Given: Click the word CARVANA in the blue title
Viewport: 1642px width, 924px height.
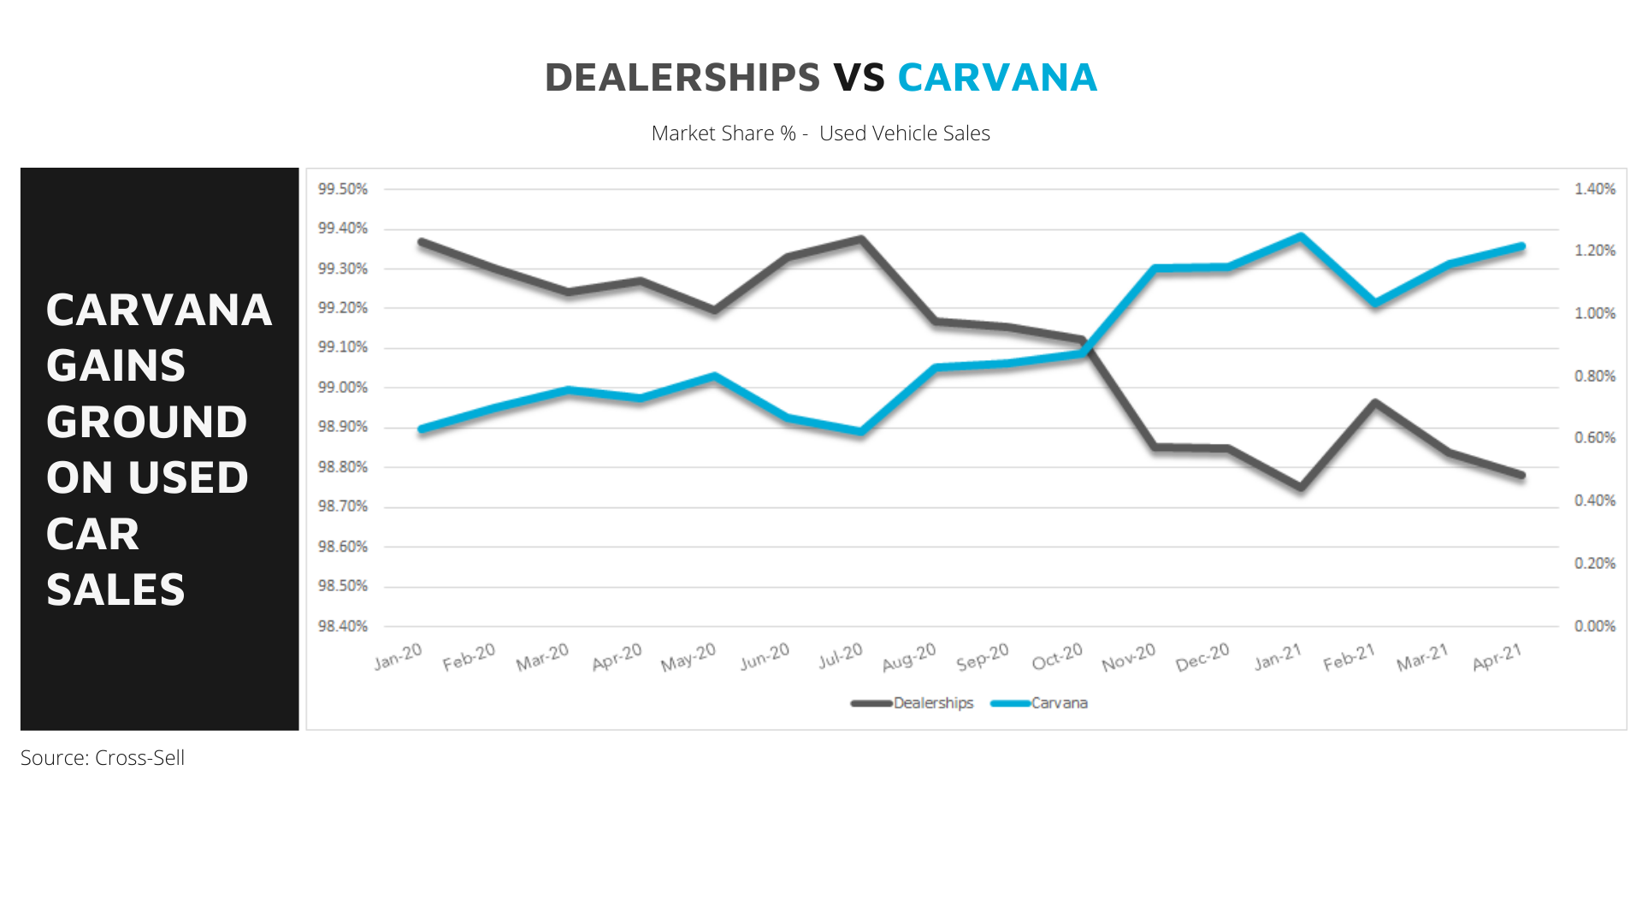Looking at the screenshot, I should (x=997, y=78).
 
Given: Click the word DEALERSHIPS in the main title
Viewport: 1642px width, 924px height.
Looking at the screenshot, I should (x=682, y=78).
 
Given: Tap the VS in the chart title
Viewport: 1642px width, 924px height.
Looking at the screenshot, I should (x=859, y=78).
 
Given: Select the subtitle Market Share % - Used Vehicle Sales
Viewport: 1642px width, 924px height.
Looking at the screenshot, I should (x=820, y=133).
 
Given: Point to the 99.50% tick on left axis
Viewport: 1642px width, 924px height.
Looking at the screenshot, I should (x=343, y=189).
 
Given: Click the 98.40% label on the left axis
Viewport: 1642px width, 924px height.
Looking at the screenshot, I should (x=343, y=626).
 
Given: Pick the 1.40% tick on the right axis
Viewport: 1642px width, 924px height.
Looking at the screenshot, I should (x=1595, y=189).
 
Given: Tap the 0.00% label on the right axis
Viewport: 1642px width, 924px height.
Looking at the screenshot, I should (x=1595, y=626).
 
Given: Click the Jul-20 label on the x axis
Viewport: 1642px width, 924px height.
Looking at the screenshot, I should (x=841, y=656).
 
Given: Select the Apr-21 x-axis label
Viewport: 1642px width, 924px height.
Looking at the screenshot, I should (x=1497, y=657).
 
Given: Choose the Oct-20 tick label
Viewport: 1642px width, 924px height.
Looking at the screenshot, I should (x=1057, y=657).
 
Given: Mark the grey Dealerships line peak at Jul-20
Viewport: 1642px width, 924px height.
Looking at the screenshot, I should (x=861, y=240).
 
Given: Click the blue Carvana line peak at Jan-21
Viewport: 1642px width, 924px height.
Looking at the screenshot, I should (x=1301, y=236).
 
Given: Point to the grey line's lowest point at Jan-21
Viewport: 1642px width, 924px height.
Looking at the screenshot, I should (x=1301, y=487).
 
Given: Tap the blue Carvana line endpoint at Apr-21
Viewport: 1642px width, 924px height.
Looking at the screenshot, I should (x=1521, y=247).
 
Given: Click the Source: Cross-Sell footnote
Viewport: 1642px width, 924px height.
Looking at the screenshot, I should (x=103, y=758).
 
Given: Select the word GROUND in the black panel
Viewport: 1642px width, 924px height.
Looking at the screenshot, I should (x=146, y=422).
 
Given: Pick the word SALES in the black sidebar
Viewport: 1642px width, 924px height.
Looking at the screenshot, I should (x=115, y=589).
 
